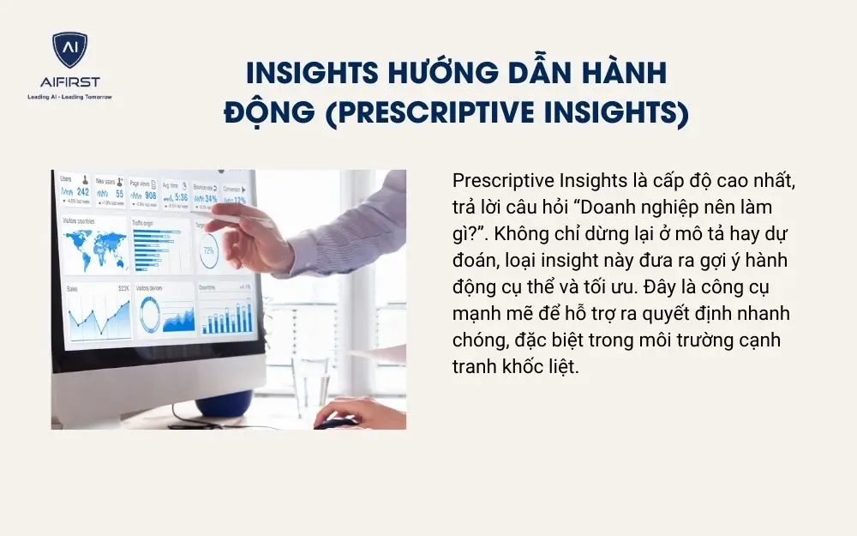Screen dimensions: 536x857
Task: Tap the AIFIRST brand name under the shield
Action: point(69,83)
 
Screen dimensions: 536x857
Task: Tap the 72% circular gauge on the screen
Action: point(208,250)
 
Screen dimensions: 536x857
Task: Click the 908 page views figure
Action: point(149,196)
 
